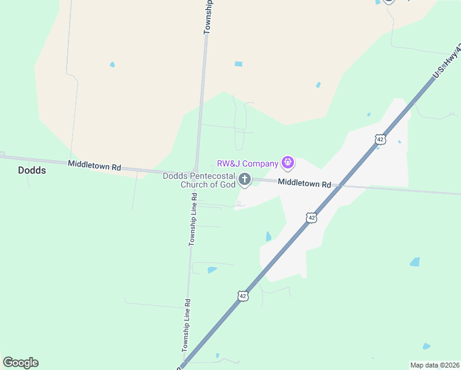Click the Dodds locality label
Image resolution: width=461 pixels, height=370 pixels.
tap(32, 170)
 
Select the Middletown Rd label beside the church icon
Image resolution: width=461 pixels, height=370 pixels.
tap(304, 183)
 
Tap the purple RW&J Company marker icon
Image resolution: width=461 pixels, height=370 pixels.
tap(287, 163)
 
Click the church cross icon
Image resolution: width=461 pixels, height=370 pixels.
tap(245, 180)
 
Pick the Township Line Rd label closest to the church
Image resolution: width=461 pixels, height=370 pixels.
tap(193, 220)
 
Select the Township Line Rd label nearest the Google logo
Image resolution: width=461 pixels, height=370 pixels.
tap(186, 325)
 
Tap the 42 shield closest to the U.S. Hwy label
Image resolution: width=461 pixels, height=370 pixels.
tap(380, 139)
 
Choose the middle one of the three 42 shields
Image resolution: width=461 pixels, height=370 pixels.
tap(312, 218)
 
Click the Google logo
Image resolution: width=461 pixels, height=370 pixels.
tap(21, 363)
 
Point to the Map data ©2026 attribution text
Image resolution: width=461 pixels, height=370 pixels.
tap(434, 365)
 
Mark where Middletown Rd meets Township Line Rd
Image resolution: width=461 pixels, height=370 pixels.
tap(196, 172)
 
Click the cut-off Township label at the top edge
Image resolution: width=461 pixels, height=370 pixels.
tap(209, 16)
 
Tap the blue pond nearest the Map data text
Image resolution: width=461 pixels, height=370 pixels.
tap(427, 347)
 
